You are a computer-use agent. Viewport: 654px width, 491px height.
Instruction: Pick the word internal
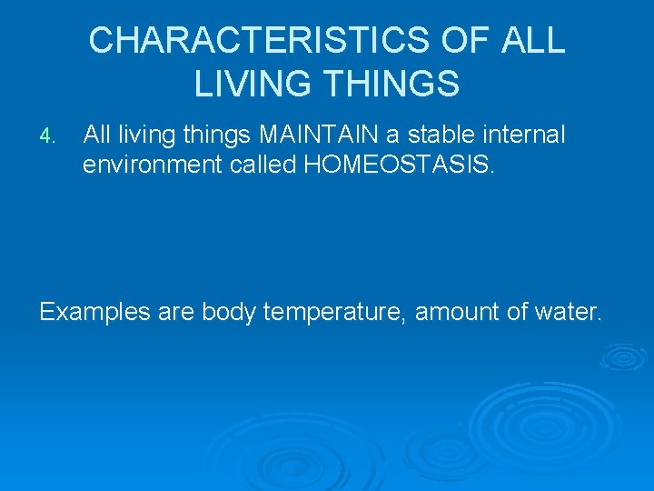523,136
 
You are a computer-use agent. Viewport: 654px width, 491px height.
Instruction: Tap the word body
230,313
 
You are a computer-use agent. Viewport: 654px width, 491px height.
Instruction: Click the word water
569,313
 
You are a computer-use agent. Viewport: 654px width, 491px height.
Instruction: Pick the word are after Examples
175,313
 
